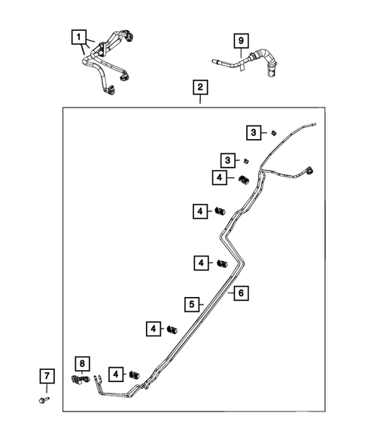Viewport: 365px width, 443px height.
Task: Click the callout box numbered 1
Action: coord(78,37)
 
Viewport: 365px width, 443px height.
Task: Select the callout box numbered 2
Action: coord(200,87)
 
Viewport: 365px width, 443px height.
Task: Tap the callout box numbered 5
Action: coord(192,305)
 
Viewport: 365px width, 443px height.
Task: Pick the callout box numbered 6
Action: coord(241,293)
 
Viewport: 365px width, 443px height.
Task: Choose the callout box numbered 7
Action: coord(47,376)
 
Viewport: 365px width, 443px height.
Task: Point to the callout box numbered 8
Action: coord(82,363)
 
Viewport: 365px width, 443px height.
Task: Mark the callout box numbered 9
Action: coord(241,41)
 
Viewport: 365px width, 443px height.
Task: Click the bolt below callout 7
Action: coord(44,400)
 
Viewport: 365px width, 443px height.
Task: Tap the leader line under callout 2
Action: coord(200,99)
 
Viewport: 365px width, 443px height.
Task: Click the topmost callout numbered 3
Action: coord(254,132)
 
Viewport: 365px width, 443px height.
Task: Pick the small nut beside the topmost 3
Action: coord(273,132)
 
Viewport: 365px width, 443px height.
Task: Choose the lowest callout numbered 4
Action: coord(116,375)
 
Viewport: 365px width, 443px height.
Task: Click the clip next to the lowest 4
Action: coord(134,375)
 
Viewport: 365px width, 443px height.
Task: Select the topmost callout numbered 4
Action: coord(220,178)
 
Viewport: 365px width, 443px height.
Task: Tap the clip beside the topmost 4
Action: coord(244,179)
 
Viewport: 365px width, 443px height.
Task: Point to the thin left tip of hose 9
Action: coord(213,60)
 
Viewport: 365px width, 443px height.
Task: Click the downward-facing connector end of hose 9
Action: coord(271,74)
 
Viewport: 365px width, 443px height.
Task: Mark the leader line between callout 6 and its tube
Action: coord(231,293)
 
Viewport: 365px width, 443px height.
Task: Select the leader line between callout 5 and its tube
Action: coord(201,305)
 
